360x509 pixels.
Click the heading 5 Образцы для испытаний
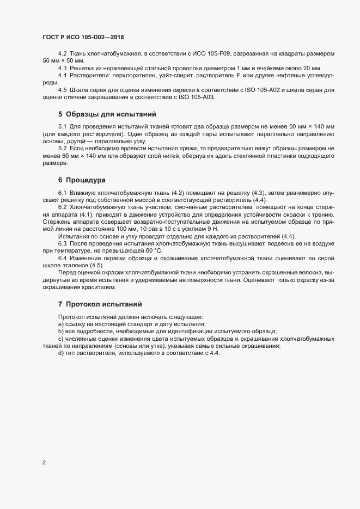pos(107,114)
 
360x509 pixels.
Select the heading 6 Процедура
pos(82,180)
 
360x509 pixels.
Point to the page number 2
pos(44,463)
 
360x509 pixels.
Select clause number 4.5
pos(62,89)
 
